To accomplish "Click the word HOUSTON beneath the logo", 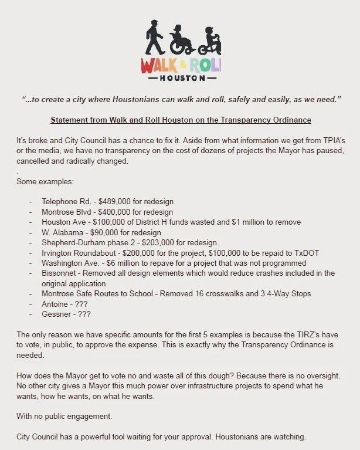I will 181,77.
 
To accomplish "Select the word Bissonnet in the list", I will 62,273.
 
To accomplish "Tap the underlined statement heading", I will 181,120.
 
